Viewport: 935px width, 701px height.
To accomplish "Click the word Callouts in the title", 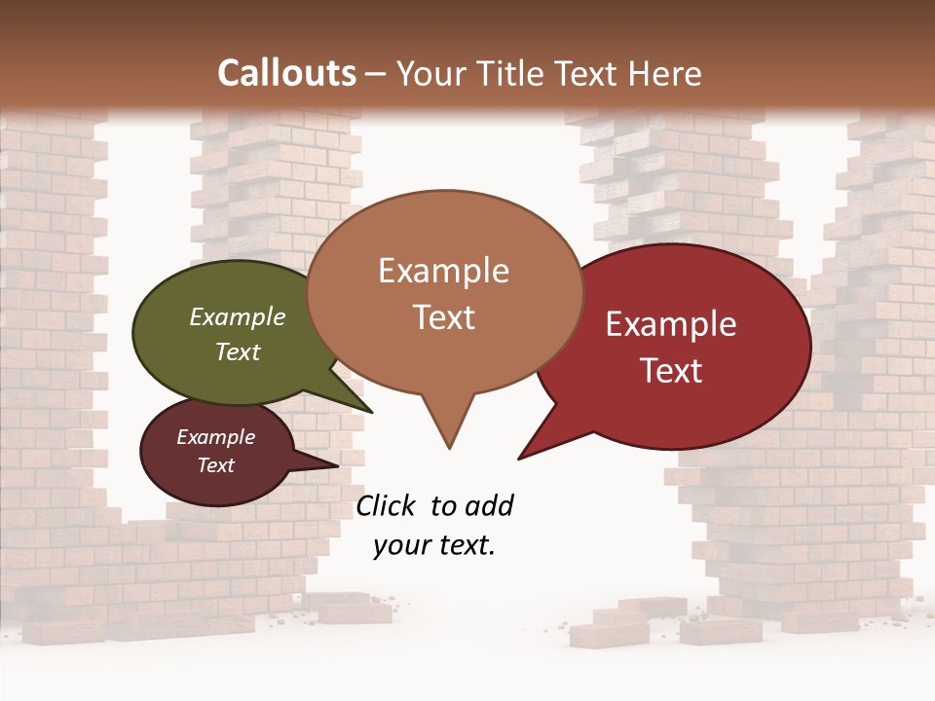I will click(x=286, y=73).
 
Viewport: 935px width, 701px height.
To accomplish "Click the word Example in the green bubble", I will click(x=238, y=316).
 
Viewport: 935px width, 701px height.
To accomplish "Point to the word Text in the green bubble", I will click(x=238, y=351).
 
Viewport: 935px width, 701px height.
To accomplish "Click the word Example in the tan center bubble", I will click(x=443, y=271).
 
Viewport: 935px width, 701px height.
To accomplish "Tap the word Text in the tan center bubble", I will click(x=443, y=317).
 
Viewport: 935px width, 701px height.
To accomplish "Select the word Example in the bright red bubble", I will click(x=671, y=324).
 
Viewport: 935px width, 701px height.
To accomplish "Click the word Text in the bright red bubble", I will click(x=671, y=371).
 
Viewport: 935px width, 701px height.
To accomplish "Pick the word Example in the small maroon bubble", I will click(x=215, y=437).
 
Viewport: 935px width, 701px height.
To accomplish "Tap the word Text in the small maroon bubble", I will click(x=215, y=465).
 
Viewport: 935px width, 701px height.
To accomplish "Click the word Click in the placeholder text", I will click(x=387, y=505).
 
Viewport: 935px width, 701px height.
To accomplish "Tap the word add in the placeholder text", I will click(x=489, y=505).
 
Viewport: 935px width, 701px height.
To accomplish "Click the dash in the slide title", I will click(x=375, y=75).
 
